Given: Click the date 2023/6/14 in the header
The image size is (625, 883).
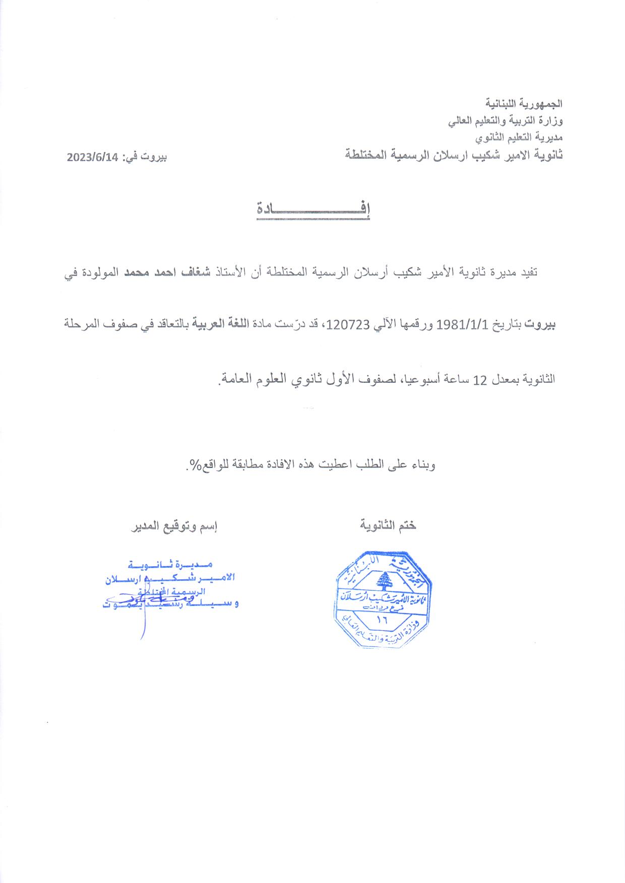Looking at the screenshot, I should click(x=92, y=157).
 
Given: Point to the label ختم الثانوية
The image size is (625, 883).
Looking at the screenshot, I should click(x=388, y=526).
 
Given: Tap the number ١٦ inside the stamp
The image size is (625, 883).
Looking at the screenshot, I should click(x=381, y=620).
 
